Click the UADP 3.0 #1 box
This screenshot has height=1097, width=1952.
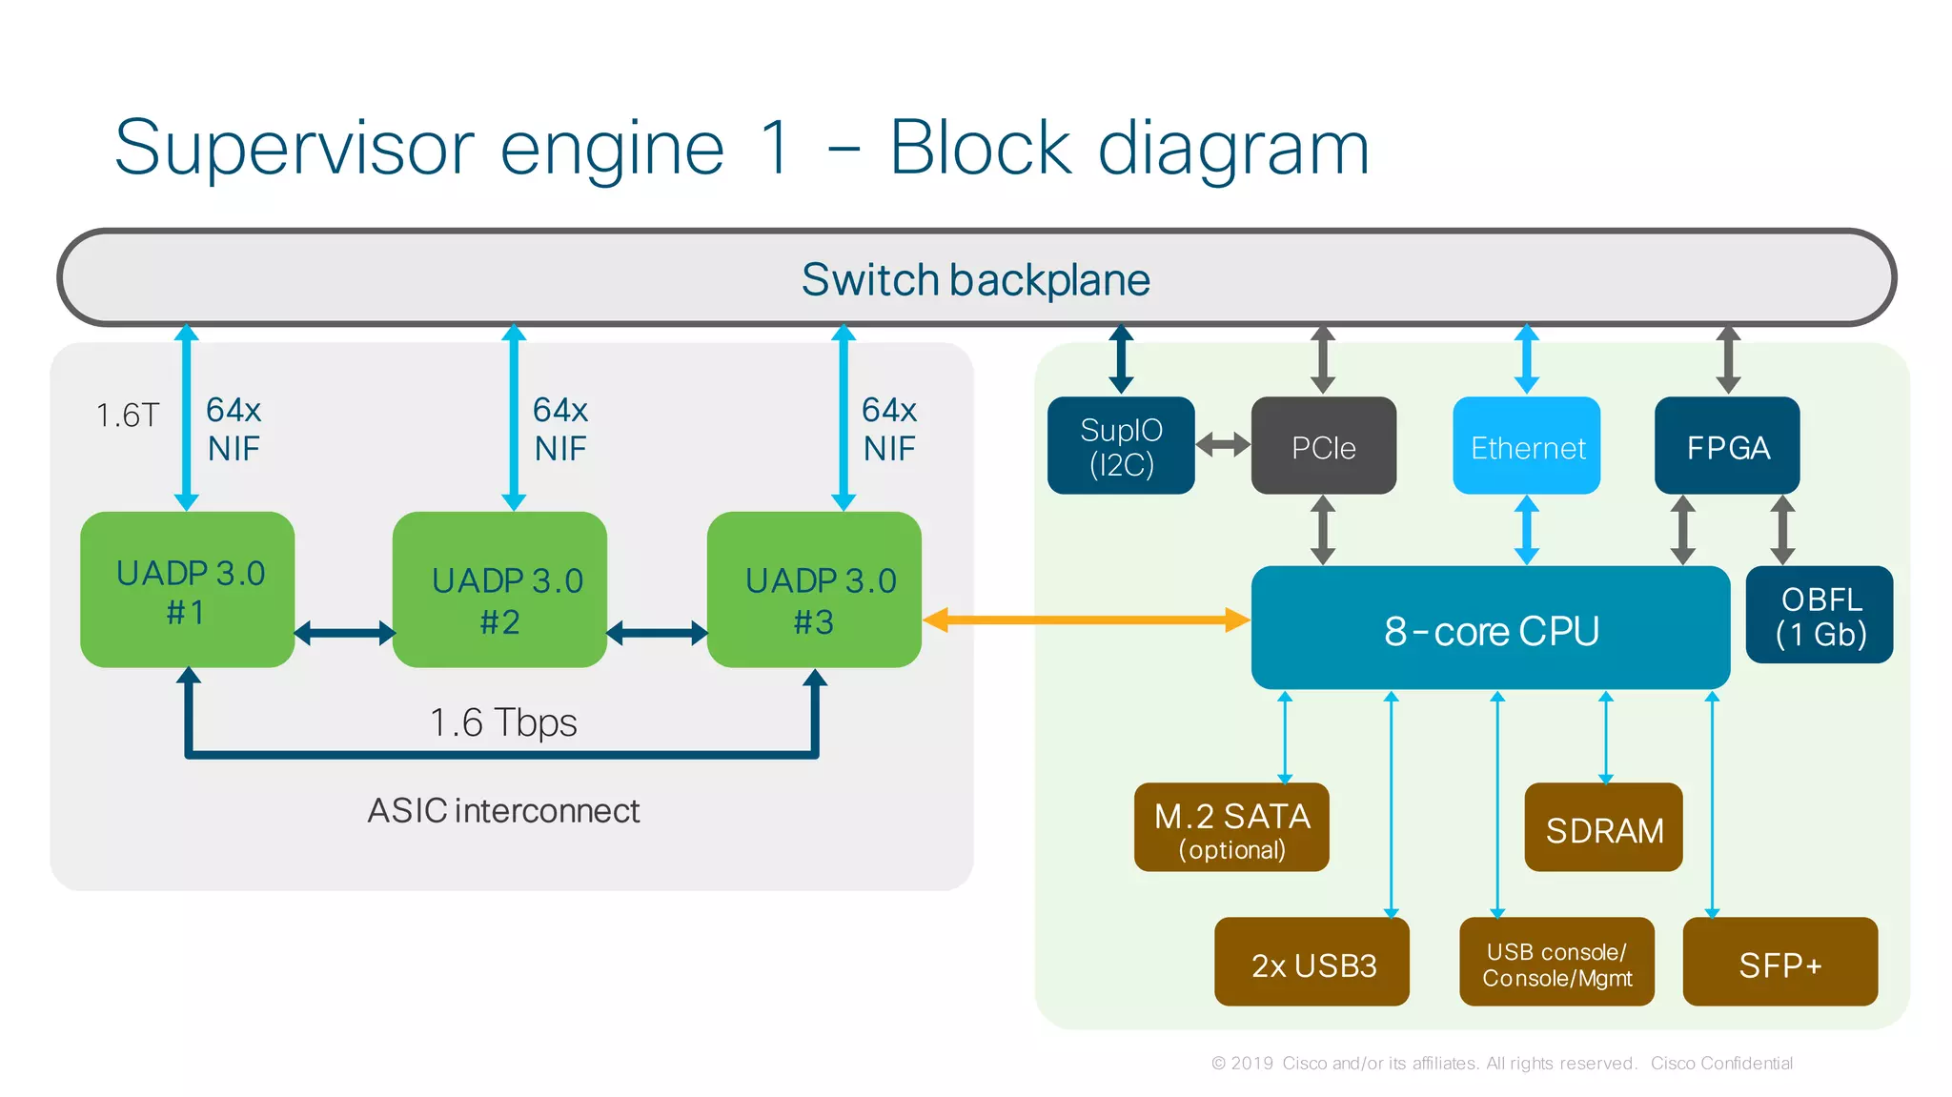pos(187,590)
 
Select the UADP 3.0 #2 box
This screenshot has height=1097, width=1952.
pos(499,590)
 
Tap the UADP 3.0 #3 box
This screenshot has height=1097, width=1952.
pos(814,590)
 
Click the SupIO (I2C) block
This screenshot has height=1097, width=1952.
pos(1121,446)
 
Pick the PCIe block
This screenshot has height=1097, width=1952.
pos(1323,446)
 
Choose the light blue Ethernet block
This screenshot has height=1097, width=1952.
pos(1526,446)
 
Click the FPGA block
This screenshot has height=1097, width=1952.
pos(1727,446)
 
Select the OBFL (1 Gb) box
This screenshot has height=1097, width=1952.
pos(1819,615)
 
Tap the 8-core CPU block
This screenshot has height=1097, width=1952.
pos(1490,628)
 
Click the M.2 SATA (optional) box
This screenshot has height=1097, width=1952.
pos(1231,827)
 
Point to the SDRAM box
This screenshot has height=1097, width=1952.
pos(1603,827)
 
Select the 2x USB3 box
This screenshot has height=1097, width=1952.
pos(1311,962)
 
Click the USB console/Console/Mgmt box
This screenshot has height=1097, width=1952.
pos(1556,962)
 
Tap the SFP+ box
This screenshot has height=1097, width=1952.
pos(1779,962)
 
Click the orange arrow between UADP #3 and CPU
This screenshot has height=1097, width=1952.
pos(1086,620)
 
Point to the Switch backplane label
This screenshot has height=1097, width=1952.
pos(975,279)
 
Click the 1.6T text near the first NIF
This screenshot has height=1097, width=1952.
pos(128,416)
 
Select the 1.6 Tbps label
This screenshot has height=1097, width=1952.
pos(502,722)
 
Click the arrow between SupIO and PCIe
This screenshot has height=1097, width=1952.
pos(1223,444)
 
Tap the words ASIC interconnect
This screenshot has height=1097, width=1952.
pos(503,810)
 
